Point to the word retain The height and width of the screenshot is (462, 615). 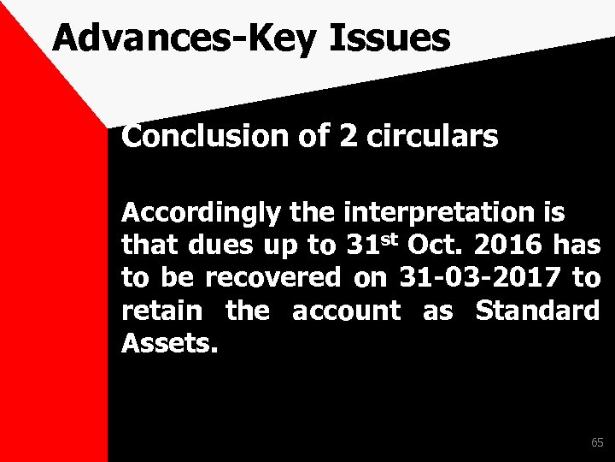161,311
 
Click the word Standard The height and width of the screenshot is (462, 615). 536,311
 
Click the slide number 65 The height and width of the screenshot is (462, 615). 596,442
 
